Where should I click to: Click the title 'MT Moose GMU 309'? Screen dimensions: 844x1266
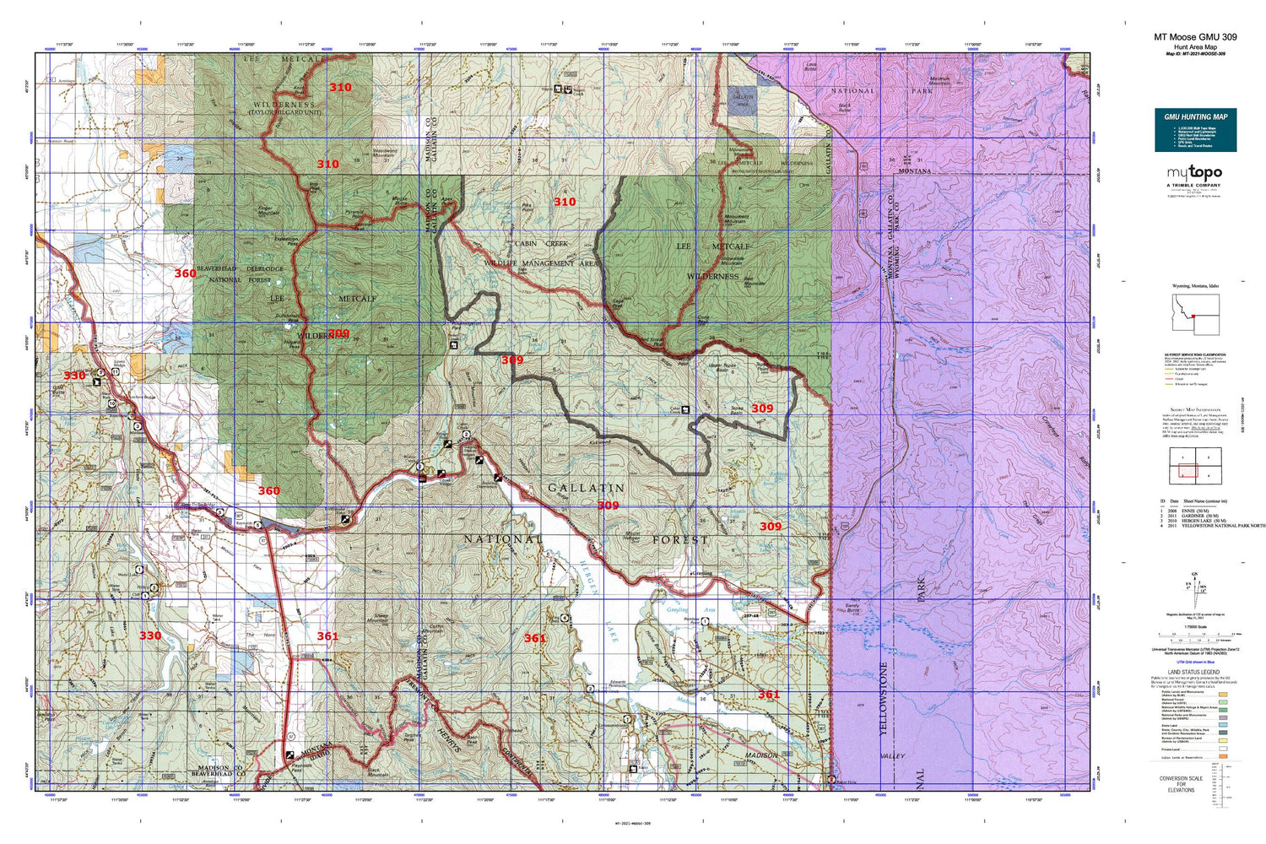(1195, 37)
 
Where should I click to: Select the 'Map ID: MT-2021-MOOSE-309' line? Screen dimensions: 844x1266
(1195, 53)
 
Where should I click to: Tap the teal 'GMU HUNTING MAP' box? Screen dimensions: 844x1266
(1195, 130)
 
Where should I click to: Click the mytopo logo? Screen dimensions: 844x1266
(1193, 174)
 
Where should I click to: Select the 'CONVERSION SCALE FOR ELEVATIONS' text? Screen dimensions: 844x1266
(1181, 784)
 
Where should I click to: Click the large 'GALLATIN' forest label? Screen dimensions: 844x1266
(587, 488)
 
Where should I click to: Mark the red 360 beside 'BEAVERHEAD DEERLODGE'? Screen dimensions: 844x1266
(185, 273)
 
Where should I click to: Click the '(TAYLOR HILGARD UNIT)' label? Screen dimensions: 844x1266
(284, 111)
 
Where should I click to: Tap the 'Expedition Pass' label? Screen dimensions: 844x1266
(286, 241)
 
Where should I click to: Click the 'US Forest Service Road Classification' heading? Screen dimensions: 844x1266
(1194, 355)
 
